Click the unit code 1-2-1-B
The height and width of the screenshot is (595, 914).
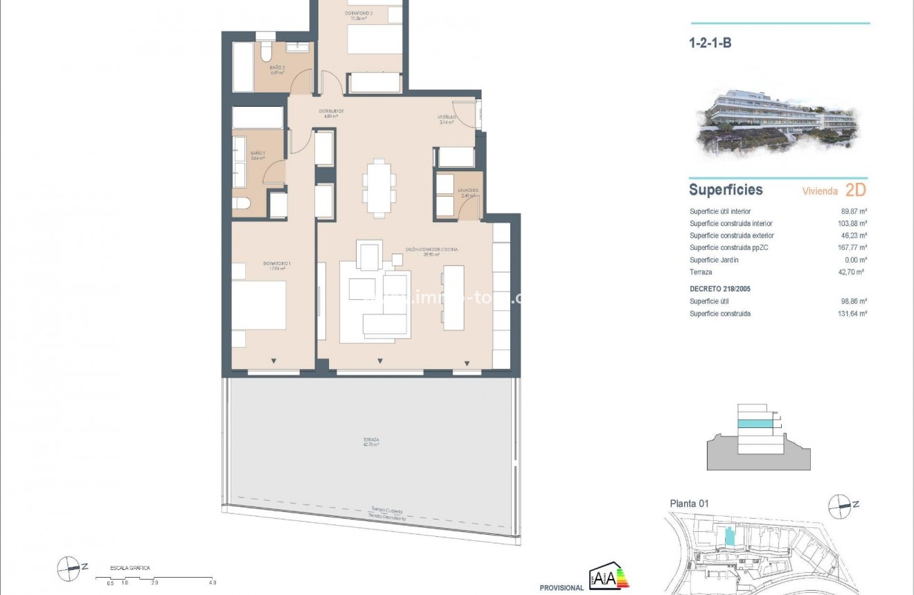[x=710, y=43]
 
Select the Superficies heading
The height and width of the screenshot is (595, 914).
[x=726, y=190]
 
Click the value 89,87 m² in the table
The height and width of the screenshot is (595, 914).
[x=854, y=211]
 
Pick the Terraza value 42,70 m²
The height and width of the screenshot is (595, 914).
[x=854, y=272]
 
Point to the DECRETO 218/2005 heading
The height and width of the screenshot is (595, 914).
[x=721, y=288]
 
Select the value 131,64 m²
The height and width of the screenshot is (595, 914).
[x=853, y=314]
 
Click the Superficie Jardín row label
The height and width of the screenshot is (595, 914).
[x=714, y=260]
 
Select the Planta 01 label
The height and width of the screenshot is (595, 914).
[x=690, y=504]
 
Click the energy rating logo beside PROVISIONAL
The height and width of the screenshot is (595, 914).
[x=609, y=576]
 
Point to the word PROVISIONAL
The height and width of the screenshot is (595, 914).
[x=562, y=587]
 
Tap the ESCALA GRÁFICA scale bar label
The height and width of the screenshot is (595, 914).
[x=130, y=568]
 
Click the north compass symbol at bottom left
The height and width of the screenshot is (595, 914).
[x=69, y=568]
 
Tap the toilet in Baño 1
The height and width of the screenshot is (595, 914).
[x=240, y=204]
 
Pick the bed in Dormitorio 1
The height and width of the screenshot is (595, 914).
[x=258, y=305]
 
